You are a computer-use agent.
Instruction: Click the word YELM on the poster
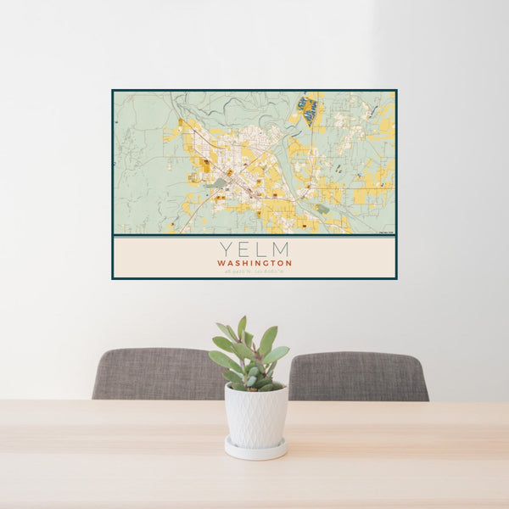click(255, 249)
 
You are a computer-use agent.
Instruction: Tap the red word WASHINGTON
click(255, 263)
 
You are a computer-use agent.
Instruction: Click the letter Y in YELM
click(226, 249)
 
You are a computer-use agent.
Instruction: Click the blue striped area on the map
click(308, 110)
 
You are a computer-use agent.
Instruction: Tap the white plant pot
click(255, 414)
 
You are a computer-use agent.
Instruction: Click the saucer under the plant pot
click(255, 448)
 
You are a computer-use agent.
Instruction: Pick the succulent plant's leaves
click(250, 356)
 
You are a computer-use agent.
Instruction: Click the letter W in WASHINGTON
click(221, 263)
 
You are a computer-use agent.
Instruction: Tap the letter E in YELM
click(244, 249)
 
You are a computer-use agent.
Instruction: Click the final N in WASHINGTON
click(289, 263)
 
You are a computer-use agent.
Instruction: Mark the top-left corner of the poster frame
click(113, 91)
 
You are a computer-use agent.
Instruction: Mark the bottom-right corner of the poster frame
click(396, 278)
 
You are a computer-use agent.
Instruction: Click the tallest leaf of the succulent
click(242, 326)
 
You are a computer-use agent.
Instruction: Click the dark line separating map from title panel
click(255, 236)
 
